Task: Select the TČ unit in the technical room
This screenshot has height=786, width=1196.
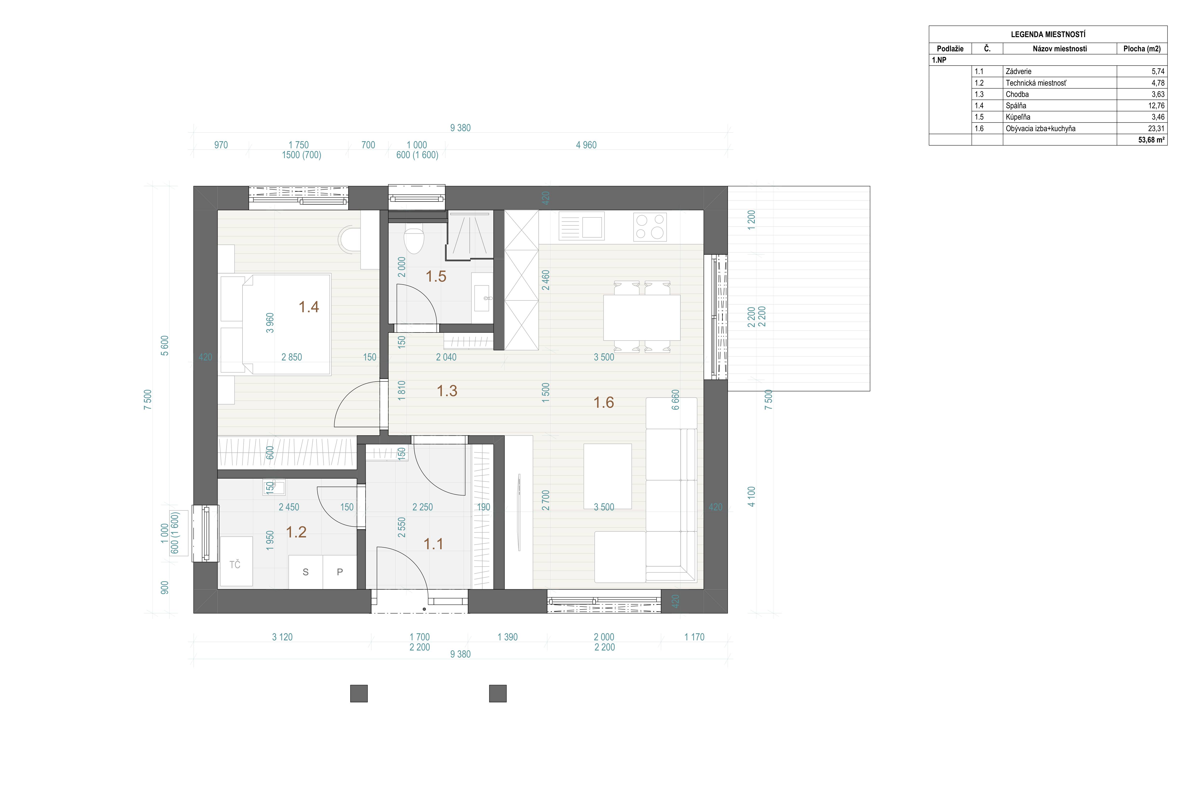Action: click(236, 561)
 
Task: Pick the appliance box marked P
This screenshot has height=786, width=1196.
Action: click(340, 572)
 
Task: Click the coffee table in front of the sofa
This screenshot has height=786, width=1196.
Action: click(608, 476)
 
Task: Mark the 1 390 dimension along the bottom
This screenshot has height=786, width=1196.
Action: click(508, 637)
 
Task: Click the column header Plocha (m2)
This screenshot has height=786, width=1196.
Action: click(1142, 49)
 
